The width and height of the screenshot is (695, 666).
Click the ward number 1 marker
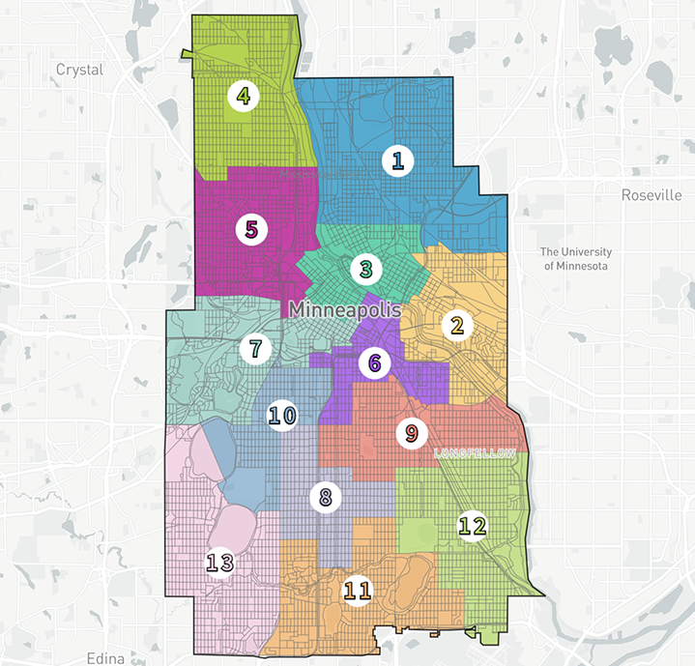point(395,160)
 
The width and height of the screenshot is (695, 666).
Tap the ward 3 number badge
point(364,268)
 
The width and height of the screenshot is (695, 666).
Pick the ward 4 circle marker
point(244,96)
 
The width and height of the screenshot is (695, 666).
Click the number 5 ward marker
point(251,229)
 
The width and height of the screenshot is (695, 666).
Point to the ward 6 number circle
point(373,363)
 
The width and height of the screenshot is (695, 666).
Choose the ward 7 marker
point(255,348)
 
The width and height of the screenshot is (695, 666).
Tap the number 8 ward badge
point(326,498)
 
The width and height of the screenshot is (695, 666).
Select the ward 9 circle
point(411,432)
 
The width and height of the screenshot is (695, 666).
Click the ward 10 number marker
point(281,416)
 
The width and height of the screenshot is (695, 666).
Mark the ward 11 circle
point(359,589)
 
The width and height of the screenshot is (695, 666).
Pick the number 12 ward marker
point(473,526)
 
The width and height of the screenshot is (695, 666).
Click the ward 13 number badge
point(219,562)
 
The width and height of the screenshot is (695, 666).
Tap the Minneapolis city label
point(342,310)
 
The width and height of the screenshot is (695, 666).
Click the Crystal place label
point(79,70)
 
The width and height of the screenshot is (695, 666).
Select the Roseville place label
point(651,195)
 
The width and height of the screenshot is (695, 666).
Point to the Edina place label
point(104,658)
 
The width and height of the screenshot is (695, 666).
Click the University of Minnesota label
point(575,258)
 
